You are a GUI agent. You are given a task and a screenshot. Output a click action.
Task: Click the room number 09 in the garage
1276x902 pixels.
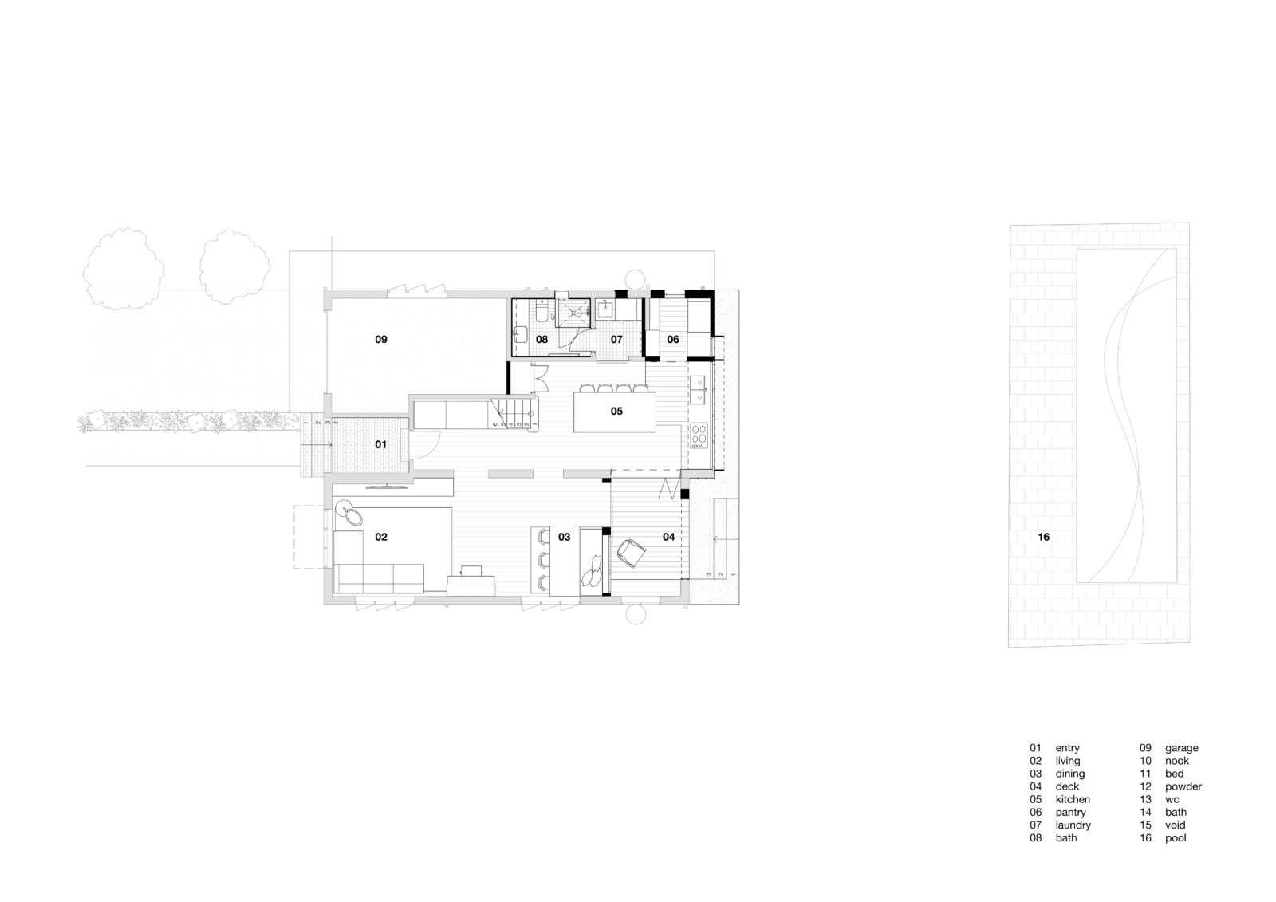coord(381,340)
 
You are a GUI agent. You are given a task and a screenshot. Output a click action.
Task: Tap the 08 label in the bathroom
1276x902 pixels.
coord(542,340)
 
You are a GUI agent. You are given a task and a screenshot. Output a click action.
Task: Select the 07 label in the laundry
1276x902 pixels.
coord(616,340)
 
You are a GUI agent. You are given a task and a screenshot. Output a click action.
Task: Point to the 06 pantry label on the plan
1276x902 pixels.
coord(673,340)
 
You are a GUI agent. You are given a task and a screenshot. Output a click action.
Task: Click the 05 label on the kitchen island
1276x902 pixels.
coord(616,411)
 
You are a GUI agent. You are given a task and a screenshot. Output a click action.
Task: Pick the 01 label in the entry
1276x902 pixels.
coord(380,444)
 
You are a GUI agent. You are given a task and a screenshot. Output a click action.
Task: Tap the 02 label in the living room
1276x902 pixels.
coord(381,537)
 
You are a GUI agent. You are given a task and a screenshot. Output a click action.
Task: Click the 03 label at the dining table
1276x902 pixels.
coord(564,537)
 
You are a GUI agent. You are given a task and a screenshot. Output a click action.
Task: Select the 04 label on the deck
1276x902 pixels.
coord(669,537)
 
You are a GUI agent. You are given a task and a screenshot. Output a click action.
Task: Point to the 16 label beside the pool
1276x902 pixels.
coord(1044,537)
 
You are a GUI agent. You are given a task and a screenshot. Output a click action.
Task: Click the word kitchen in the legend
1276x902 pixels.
coord(1073,799)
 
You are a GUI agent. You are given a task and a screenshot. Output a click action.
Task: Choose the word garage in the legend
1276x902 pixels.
coord(1181,747)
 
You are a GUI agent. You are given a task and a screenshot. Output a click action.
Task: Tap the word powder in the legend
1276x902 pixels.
coord(1183,786)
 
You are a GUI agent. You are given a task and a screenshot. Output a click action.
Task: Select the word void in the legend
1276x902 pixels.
coord(1175,825)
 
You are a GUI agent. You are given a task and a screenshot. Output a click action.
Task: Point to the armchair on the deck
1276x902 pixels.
coord(631,553)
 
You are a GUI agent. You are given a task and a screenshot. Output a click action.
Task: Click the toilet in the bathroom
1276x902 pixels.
coord(542,313)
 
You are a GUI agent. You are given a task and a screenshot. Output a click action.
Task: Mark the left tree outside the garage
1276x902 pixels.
coord(124,269)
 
